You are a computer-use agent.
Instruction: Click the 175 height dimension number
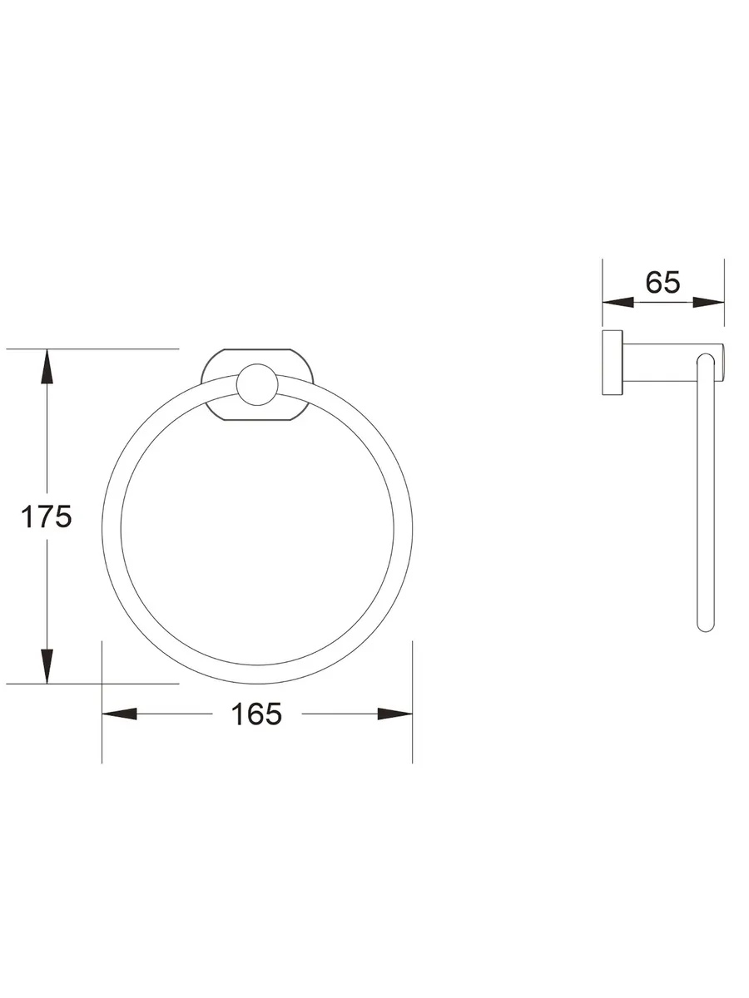(x=47, y=516)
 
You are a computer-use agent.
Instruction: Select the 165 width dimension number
(x=256, y=714)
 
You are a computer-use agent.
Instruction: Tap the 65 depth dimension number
(x=662, y=282)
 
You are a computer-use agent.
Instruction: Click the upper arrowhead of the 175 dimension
(x=47, y=367)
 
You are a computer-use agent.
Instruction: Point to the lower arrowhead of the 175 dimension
(x=47, y=666)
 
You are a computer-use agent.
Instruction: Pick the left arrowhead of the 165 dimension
(x=119, y=714)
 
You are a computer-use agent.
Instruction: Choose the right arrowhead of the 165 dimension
(x=394, y=714)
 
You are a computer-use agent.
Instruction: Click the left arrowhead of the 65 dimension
(x=618, y=302)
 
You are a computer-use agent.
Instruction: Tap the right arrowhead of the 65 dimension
(x=708, y=302)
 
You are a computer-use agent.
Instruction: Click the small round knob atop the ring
(x=257, y=385)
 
